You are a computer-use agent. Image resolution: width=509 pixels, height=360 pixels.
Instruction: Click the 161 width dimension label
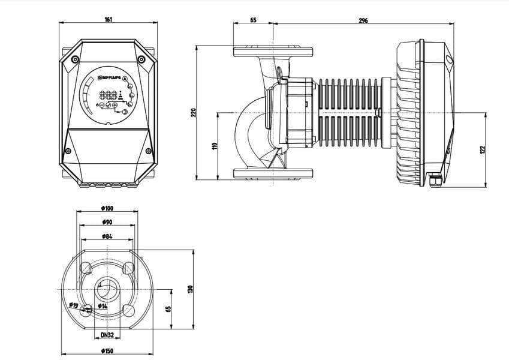tap(108, 20)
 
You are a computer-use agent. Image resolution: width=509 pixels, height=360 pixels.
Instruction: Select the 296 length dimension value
tap(363, 20)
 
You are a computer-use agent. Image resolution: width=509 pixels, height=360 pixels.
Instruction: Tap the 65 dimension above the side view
tap(252, 20)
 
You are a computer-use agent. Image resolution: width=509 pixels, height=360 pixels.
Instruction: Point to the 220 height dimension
tap(193, 112)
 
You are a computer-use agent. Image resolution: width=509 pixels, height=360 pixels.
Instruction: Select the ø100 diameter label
tap(107, 208)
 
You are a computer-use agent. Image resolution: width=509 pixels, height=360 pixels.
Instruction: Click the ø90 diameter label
tap(107, 222)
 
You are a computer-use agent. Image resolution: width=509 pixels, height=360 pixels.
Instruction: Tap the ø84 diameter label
tap(107, 236)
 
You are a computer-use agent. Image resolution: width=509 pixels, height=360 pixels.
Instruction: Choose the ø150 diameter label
tap(107, 351)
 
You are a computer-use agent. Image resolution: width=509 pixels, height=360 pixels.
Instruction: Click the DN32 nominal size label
tap(107, 335)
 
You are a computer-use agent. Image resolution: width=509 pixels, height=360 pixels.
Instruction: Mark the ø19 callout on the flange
tap(74, 306)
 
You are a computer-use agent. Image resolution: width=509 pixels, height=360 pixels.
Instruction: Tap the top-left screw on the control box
tap(74, 59)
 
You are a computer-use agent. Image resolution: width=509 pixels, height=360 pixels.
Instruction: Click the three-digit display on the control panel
tap(108, 95)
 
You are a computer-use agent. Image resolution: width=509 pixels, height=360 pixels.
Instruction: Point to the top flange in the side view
tap(273, 50)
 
